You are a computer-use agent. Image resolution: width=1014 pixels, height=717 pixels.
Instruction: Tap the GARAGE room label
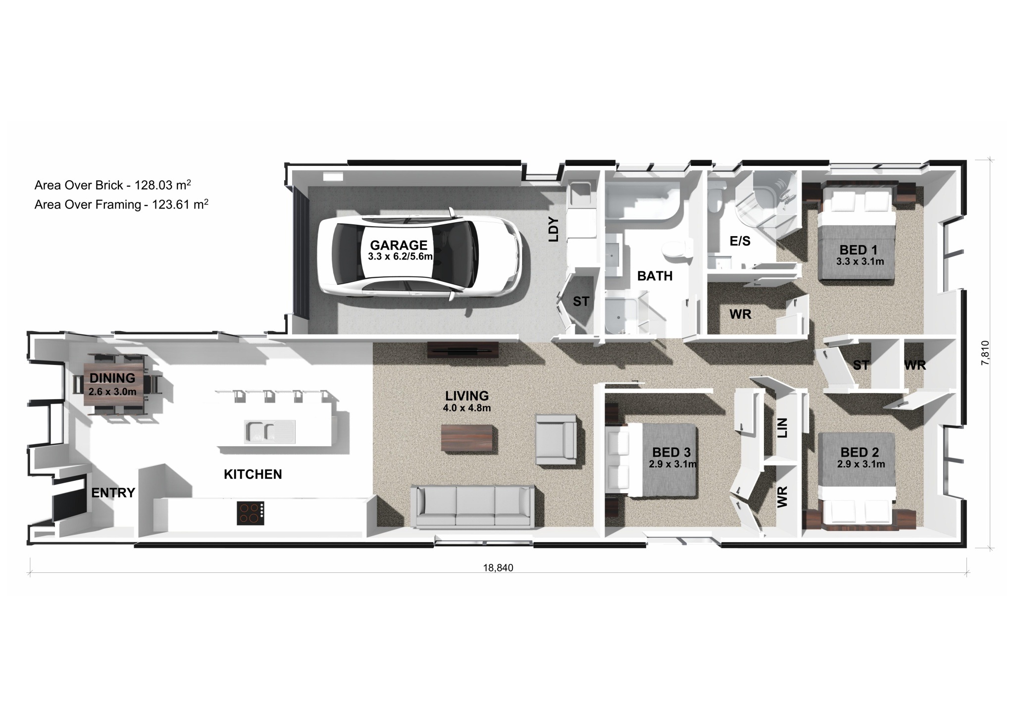click(x=399, y=245)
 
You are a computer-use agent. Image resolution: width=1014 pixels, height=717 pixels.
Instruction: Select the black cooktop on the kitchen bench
click(x=251, y=513)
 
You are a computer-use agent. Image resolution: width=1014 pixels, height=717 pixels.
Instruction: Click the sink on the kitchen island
click(x=270, y=431)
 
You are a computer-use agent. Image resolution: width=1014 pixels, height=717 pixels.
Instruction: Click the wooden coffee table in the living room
click(x=469, y=439)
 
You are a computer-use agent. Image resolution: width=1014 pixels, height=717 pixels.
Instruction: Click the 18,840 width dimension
click(x=498, y=568)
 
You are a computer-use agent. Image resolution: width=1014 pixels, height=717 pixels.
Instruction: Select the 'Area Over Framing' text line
click(x=121, y=204)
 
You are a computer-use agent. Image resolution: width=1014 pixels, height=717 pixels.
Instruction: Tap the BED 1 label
click(x=860, y=250)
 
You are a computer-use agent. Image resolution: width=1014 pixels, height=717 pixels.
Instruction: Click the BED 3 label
click(x=671, y=452)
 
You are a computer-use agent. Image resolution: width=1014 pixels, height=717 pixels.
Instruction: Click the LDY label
click(x=554, y=230)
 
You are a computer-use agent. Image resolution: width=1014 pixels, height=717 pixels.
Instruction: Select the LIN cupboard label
click(x=782, y=428)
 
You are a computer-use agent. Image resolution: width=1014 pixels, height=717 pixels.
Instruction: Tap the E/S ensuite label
click(x=740, y=241)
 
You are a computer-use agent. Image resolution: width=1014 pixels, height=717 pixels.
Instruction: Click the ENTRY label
click(x=113, y=493)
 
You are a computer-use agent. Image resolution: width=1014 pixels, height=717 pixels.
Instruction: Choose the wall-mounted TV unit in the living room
click(x=463, y=351)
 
